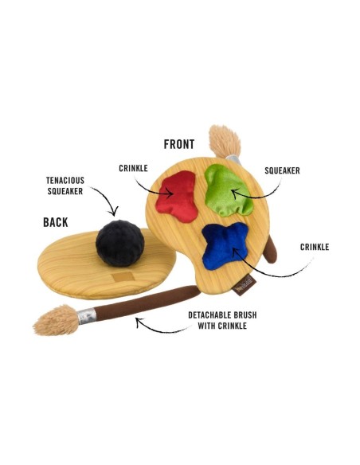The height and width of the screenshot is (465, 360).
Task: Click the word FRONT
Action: (x=179, y=144)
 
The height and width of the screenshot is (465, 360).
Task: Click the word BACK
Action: (x=56, y=222)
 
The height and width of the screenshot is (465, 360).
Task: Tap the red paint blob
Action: (x=178, y=196)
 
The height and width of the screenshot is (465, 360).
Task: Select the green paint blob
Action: (x=228, y=190)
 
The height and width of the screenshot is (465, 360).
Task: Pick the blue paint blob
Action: (x=225, y=246)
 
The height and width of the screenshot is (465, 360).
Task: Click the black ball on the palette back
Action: (x=119, y=243)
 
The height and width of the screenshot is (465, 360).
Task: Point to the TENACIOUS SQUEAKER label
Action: (x=65, y=186)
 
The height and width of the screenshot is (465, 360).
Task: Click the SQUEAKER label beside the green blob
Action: (x=282, y=170)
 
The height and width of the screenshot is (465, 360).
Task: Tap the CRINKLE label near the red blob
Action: (x=133, y=168)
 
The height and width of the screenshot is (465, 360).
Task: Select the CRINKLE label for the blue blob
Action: (x=315, y=247)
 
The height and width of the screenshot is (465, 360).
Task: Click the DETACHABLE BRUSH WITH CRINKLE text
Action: (x=222, y=320)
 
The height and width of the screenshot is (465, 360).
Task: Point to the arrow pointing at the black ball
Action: (x=108, y=199)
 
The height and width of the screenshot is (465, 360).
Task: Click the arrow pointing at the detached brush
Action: (x=160, y=329)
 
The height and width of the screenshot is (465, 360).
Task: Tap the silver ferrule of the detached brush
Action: (x=87, y=316)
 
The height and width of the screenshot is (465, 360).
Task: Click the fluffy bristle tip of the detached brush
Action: (x=57, y=320)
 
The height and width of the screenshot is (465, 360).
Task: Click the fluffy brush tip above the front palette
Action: (x=225, y=142)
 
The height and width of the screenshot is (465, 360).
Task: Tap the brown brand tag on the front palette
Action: (x=245, y=285)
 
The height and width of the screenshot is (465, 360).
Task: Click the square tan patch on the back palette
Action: (x=123, y=277)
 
